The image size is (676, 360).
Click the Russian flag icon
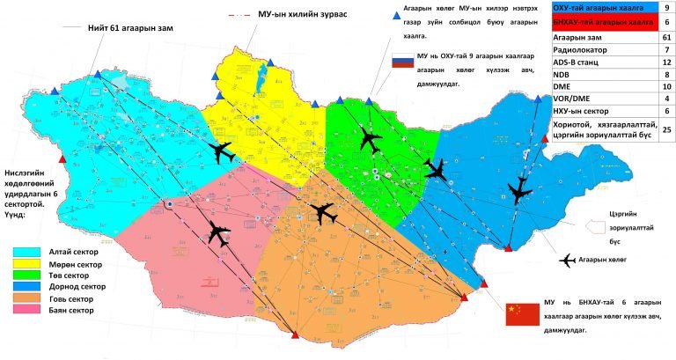click(401, 62)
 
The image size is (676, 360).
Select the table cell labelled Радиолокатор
click(585, 50)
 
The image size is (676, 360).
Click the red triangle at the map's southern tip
click(294, 336)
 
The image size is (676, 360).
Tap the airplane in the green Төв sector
click(371, 138)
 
